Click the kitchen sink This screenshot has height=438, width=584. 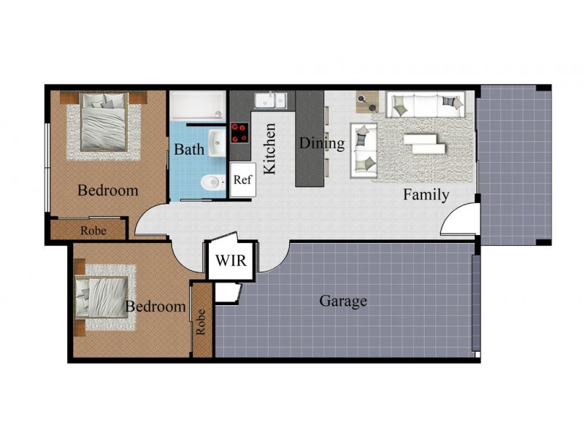coord(269,99)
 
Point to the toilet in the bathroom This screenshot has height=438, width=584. coord(211,182)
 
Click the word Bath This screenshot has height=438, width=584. coord(189,150)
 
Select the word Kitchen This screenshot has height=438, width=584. coord(269,148)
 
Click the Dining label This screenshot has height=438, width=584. coord(322,143)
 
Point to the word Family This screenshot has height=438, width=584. coord(427,195)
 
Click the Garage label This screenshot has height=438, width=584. coord(343,300)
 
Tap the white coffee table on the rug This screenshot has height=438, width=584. coord(423,142)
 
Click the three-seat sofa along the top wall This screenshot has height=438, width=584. coord(425,104)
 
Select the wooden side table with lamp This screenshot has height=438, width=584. coord(366,100)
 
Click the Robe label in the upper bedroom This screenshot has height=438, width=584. coord(93,230)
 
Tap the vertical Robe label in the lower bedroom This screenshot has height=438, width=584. coord(201,322)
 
